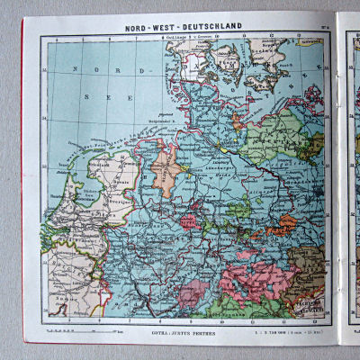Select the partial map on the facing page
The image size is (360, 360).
(349, 180)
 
